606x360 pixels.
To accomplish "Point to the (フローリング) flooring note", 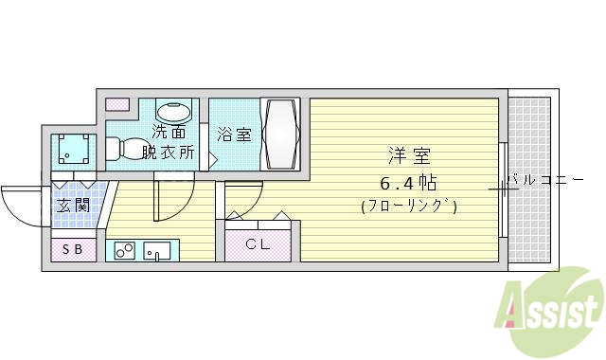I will (x=409, y=206).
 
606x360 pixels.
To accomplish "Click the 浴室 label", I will (x=233, y=134).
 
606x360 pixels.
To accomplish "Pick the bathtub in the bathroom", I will (x=280, y=134).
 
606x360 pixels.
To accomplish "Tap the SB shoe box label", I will (x=73, y=251).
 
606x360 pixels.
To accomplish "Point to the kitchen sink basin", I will (x=157, y=251).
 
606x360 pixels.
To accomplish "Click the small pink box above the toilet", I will (x=117, y=103).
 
